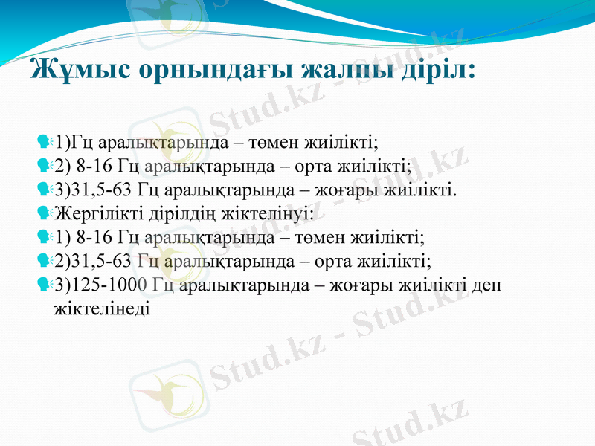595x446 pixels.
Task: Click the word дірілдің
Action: click(x=173, y=214)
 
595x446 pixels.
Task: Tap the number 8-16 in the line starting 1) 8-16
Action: click(x=95, y=238)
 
